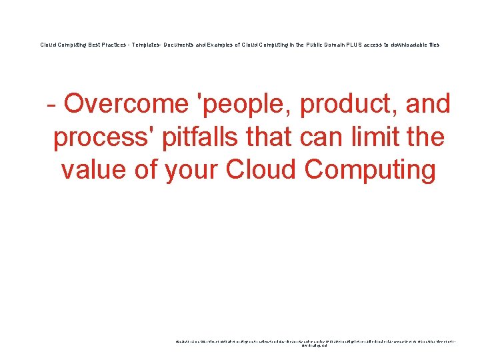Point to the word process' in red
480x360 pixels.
pyautogui.click(x=100, y=137)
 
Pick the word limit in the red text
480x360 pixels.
pyautogui.click(x=374, y=137)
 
